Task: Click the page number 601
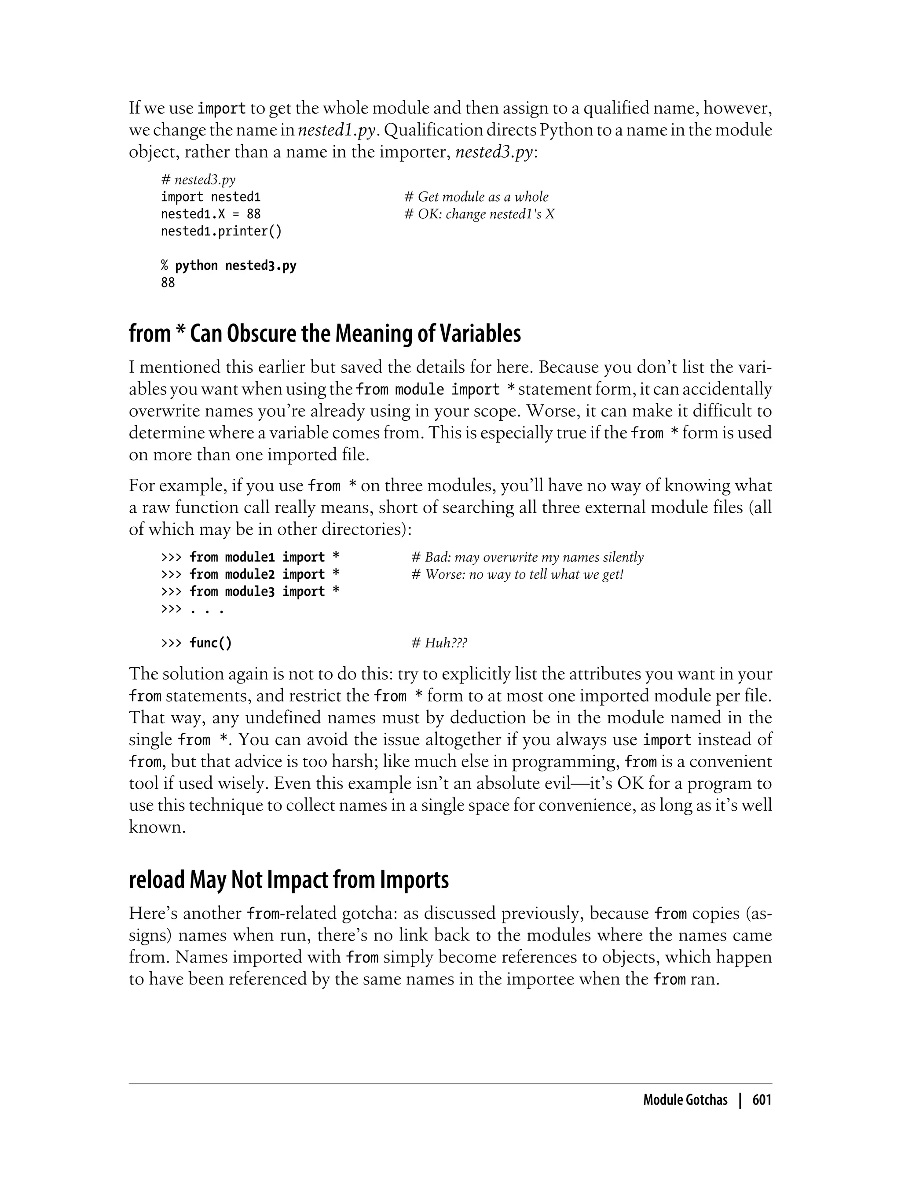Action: (762, 1100)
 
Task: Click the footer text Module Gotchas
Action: (685, 1100)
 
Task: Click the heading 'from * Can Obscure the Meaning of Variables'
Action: (325, 334)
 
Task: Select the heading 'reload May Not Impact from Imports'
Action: (289, 880)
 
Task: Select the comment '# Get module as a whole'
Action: (476, 197)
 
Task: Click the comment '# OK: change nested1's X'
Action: (480, 214)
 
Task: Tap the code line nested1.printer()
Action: (221, 231)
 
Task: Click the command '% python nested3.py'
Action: (228, 265)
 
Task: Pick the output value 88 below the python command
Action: (168, 283)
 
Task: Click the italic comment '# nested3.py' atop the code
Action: (198, 180)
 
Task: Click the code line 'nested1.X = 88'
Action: (210, 214)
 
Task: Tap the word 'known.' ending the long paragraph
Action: (157, 827)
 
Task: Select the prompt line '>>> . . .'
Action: (192, 609)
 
